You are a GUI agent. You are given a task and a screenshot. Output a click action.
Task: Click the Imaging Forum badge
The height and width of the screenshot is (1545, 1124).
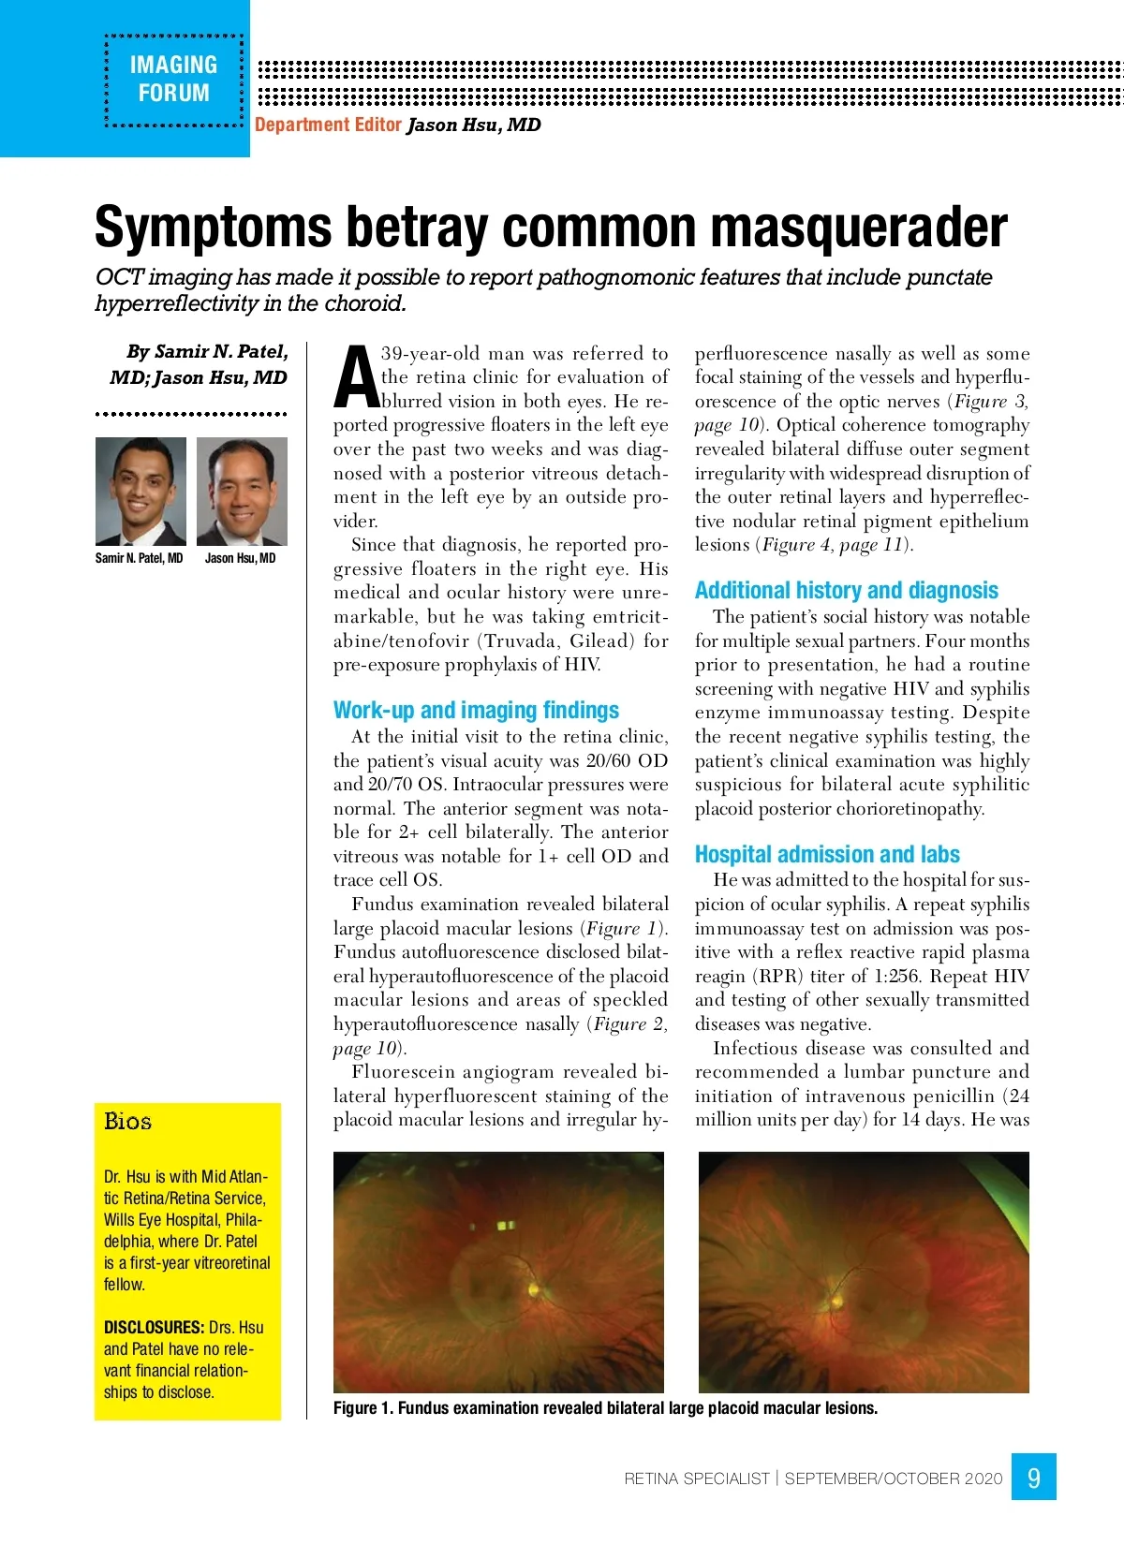click(173, 80)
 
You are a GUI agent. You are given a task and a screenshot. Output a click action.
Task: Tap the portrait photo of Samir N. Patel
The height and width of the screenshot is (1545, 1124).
click(140, 491)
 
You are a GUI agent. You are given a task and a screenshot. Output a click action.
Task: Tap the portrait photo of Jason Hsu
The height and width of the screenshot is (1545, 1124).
click(242, 491)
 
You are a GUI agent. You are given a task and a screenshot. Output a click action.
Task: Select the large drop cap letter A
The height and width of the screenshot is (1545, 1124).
click(355, 378)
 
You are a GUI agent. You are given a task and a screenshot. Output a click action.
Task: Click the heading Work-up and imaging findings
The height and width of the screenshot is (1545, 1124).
click(476, 710)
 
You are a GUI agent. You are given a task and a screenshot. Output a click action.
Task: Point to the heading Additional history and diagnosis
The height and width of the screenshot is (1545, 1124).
click(846, 590)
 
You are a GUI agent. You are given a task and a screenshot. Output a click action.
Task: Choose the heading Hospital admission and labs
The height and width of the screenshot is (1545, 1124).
click(827, 854)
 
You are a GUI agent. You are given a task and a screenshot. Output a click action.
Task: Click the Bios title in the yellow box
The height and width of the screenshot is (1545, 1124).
click(127, 1122)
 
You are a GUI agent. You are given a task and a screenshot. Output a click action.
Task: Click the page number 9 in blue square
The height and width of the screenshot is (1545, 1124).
click(1033, 1478)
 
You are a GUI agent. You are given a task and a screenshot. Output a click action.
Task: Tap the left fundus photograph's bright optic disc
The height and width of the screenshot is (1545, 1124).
click(533, 1289)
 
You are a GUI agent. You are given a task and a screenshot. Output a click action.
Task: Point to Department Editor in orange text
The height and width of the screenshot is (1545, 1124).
click(328, 125)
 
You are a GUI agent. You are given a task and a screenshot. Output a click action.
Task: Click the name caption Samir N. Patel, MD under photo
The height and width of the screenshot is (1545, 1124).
click(139, 558)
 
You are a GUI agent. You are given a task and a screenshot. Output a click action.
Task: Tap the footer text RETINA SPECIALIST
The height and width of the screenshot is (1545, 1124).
click(696, 1479)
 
